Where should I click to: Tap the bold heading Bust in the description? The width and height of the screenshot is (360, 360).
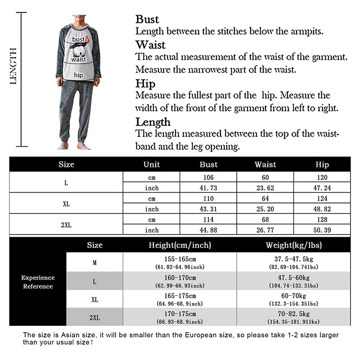click(x=147, y=19)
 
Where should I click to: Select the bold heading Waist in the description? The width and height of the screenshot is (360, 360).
click(x=150, y=45)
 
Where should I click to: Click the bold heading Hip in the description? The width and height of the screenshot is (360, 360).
click(x=145, y=84)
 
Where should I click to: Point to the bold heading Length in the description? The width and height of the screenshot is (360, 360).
click(x=153, y=122)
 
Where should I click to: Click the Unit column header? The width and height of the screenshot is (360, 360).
click(x=152, y=165)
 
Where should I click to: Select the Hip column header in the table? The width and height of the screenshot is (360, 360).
click(x=322, y=165)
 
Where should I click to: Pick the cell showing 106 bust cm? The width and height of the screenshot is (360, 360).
click(x=208, y=177)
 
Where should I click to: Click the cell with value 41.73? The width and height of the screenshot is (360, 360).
click(x=208, y=188)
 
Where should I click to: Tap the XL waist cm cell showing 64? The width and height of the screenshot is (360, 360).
click(x=265, y=198)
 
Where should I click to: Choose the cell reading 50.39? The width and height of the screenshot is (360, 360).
click(x=322, y=230)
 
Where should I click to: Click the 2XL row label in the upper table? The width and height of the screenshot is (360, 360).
click(x=66, y=225)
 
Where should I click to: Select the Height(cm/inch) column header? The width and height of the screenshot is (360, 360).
click(x=180, y=245)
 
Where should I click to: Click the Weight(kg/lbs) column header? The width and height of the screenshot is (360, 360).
click(x=293, y=245)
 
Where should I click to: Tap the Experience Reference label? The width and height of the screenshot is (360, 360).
click(x=38, y=282)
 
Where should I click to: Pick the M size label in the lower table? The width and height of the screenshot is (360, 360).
click(x=94, y=263)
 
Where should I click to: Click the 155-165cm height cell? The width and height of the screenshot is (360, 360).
click(x=180, y=260)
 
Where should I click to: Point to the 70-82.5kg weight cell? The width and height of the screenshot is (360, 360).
click(x=293, y=314)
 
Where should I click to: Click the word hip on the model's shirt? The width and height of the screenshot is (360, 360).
click(x=79, y=75)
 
